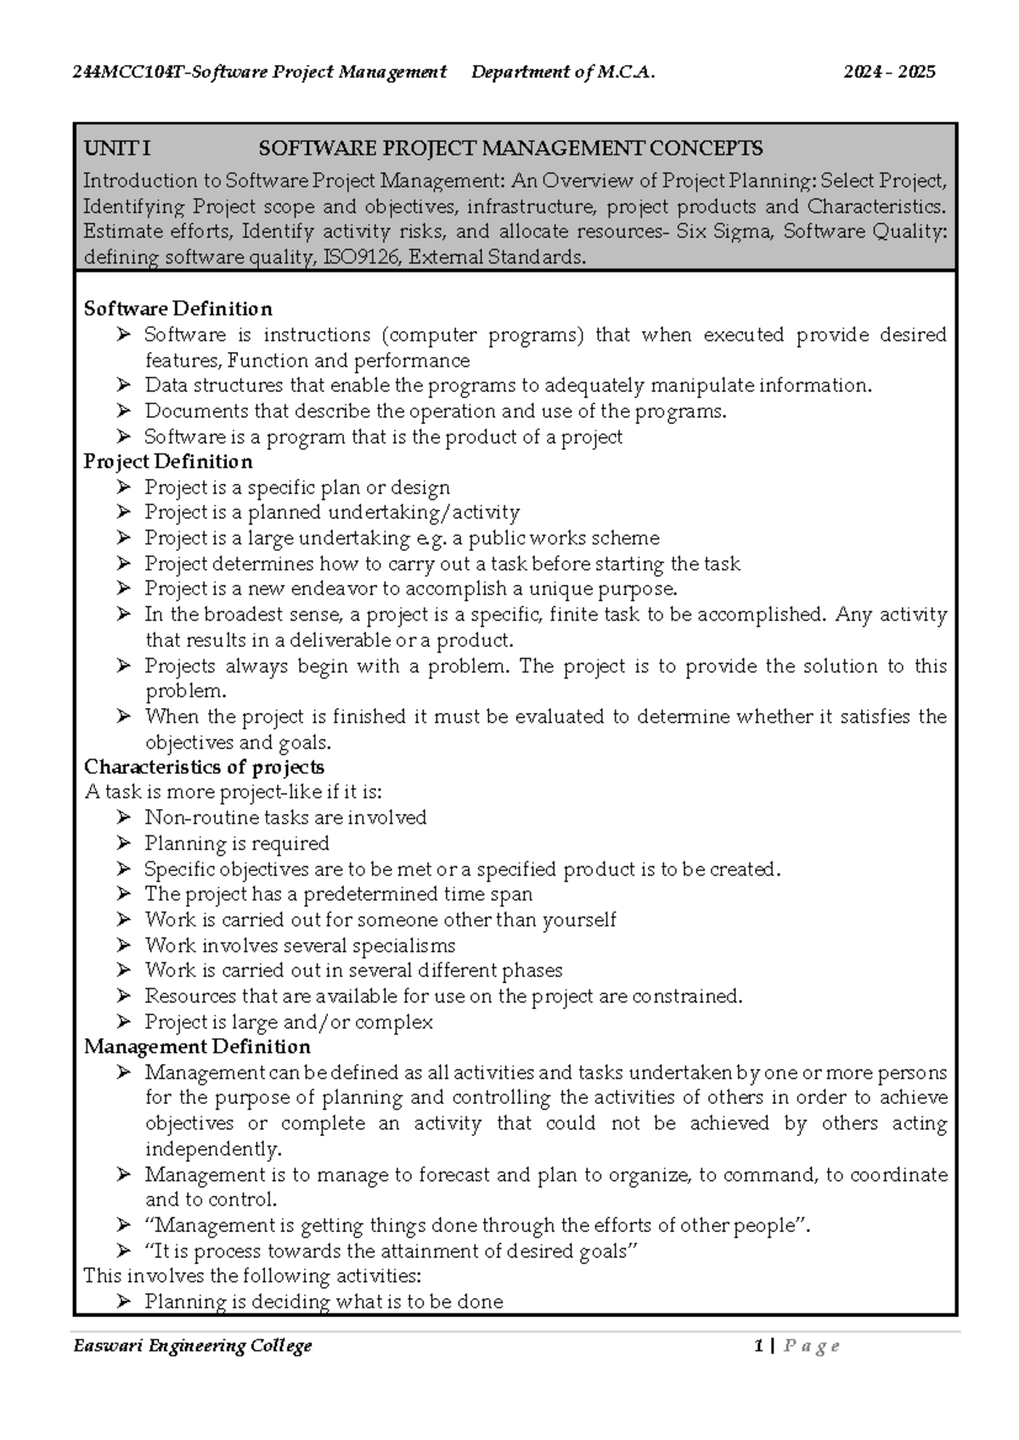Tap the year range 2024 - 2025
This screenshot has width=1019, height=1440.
[889, 72]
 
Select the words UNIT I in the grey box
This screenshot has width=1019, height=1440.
[117, 149]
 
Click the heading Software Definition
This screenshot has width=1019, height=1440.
[177, 308]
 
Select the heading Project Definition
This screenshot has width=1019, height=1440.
[167, 461]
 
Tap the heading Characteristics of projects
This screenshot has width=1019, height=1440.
[204, 767]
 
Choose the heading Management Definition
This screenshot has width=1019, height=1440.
[196, 1046]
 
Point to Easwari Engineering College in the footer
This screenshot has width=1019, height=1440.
[193, 1346]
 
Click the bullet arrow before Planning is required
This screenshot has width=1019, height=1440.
[124, 843]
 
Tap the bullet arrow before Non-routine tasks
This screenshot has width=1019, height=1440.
[124, 818]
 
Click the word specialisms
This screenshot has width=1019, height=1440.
[403, 945]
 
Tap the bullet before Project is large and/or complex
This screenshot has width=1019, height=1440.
[124, 1021]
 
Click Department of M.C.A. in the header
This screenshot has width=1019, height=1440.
[563, 72]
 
